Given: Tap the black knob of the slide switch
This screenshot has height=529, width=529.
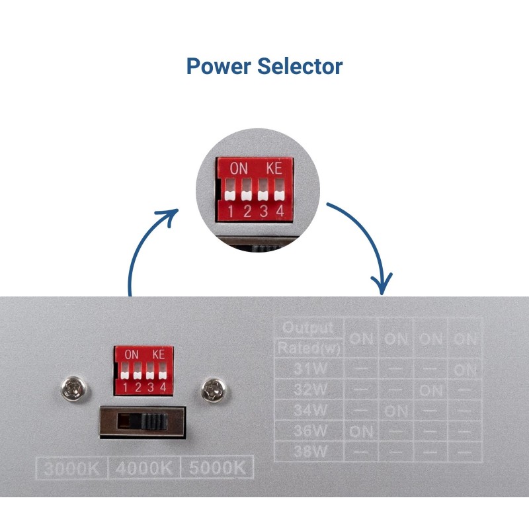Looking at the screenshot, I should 152,421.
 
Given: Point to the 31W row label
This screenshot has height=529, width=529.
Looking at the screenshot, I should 308,368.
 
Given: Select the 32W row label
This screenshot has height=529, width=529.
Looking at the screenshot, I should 308,389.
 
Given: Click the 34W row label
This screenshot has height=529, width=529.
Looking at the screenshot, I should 308,411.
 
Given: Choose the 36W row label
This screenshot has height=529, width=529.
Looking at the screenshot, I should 308,432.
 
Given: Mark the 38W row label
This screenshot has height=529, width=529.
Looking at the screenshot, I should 308,453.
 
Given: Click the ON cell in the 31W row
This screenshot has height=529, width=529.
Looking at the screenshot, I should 466,370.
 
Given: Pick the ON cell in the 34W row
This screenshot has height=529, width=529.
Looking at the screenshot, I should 396,411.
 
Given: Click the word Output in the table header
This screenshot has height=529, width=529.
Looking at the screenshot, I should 307,328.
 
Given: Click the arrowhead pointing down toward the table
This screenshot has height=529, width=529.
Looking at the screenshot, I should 382,285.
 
